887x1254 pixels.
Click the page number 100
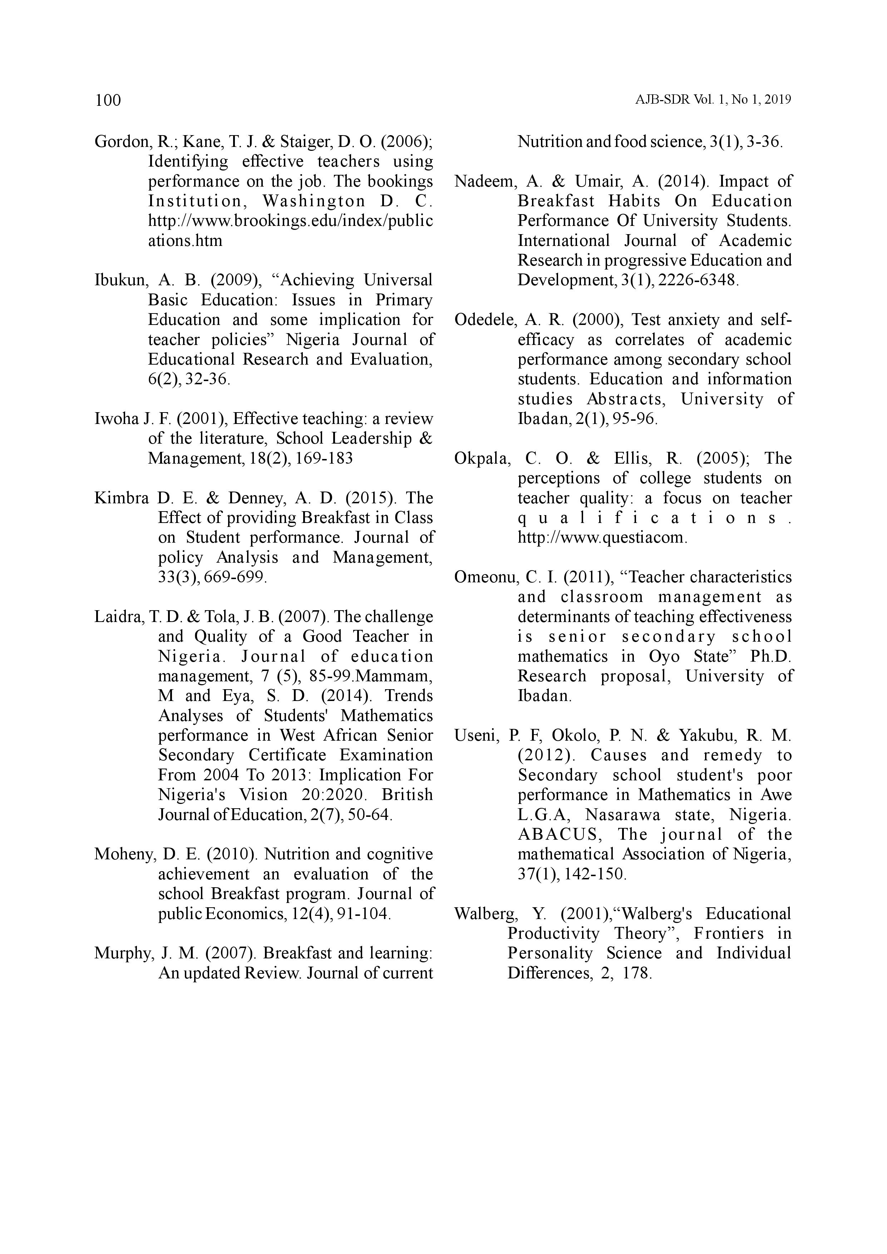(x=108, y=100)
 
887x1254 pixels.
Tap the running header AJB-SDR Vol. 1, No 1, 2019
(x=713, y=100)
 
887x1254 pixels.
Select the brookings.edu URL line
(x=291, y=221)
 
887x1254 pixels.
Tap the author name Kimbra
(x=121, y=498)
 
